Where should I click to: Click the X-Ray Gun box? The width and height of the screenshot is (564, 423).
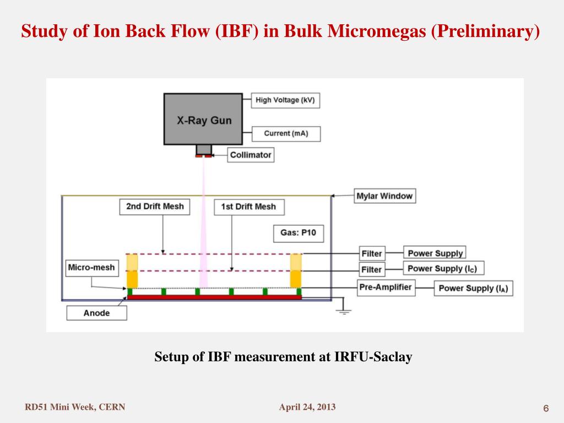203,119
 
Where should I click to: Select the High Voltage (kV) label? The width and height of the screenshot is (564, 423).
285,100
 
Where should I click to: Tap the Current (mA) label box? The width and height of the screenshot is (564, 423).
285,133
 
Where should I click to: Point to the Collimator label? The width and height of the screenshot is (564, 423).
251,155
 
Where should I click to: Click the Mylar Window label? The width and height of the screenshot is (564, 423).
384,196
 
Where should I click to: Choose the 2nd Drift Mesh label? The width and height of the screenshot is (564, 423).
154,207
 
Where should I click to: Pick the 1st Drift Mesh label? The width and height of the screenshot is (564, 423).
248,207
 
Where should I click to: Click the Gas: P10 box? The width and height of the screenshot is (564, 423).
298,233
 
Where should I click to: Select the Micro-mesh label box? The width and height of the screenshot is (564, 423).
91,268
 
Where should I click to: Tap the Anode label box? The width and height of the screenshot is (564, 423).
96,313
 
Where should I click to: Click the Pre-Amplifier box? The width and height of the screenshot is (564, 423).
386,287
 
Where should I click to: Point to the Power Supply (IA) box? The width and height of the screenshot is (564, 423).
473,289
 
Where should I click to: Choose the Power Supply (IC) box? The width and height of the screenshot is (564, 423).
443,269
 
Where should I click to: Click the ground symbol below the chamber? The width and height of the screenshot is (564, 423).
344,310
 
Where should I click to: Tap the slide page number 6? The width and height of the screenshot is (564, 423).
546,408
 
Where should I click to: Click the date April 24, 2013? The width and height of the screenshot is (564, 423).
307,408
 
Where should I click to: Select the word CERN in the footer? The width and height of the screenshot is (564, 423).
113,408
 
